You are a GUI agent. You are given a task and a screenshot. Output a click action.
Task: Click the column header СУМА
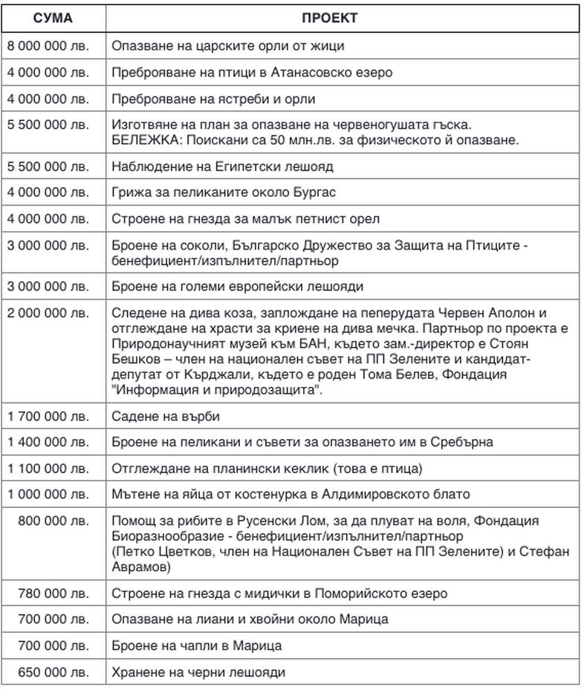(x=53, y=18)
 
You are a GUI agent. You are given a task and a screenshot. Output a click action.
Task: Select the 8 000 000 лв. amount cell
(x=48, y=46)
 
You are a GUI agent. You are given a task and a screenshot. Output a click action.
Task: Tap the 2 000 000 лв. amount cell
(x=48, y=313)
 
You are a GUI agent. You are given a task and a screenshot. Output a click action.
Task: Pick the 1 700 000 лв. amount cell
(x=48, y=416)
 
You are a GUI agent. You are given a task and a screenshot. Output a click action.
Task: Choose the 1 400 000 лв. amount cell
(x=48, y=442)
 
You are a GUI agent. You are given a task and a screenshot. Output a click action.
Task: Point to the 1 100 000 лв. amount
(x=48, y=468)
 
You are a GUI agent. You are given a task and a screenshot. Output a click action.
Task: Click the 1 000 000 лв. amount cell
(x=48, y=494)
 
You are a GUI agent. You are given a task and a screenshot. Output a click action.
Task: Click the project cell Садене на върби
(x=166, y=416)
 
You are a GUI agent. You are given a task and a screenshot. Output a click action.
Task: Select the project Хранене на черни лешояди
(x=198, y=673)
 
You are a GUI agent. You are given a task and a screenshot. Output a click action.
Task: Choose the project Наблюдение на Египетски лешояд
(x=222, y=166)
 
